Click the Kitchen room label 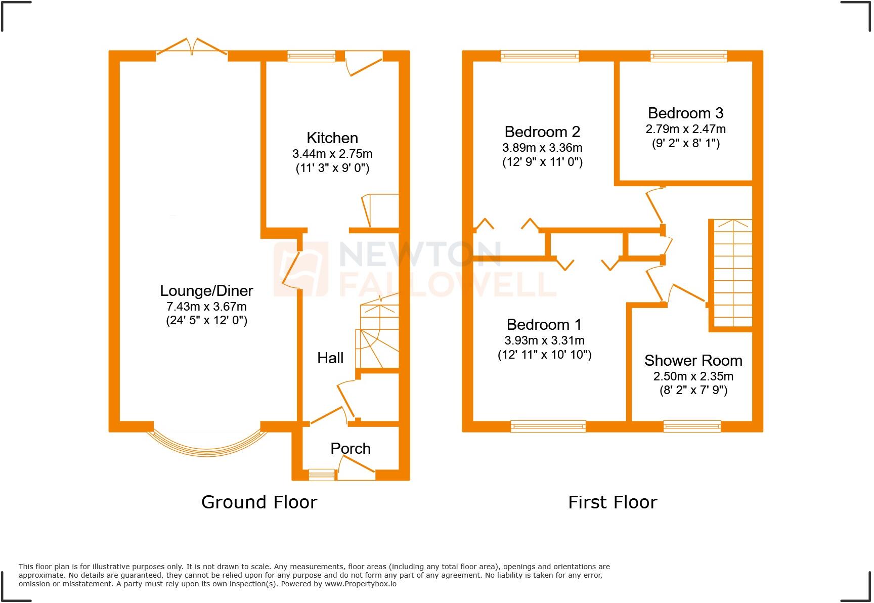point(332,138)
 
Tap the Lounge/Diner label point(206,290)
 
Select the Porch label point(351,448)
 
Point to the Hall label point(330,358)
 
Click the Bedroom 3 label point(685,113)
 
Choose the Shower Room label point(693,360)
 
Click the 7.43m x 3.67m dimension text point(206,306)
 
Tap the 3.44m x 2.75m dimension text point(332,153)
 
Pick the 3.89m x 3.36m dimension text point(542,148)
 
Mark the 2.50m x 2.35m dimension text point(693,376)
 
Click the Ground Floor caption point(259,502)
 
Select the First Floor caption point(613,502)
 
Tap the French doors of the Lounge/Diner point(192,47)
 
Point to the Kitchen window point(312,56)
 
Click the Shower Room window point(692,426)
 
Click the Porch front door point(357,468)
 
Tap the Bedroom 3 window point(688,56)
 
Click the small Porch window point(322,475)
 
